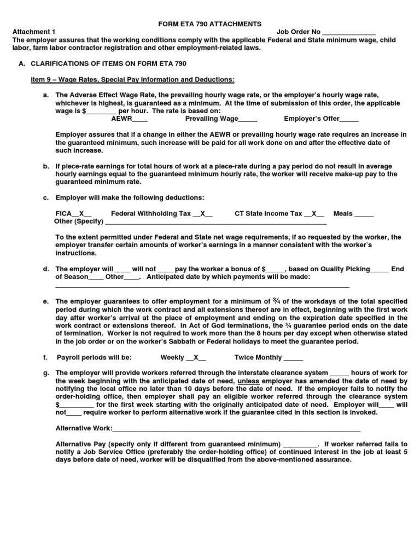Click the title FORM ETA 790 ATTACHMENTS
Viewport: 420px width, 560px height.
point(210,24)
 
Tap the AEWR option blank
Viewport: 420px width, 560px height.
point(140,119)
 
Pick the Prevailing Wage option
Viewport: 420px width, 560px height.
point(221,118)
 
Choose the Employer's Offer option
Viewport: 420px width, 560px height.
point(321,118)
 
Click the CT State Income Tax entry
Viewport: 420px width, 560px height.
point(279,214)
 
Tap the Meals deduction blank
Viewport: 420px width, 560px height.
point(364,214)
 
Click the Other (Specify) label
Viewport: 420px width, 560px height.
point(79,221)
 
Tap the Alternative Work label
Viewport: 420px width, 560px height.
point(84,428)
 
